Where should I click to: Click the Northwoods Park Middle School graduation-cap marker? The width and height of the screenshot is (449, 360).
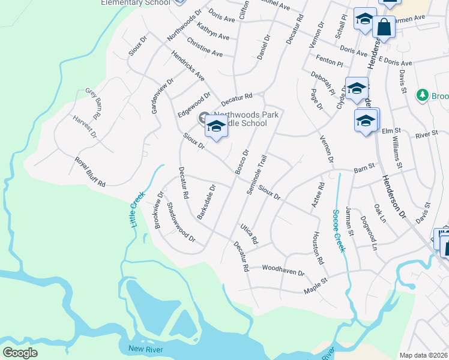217,127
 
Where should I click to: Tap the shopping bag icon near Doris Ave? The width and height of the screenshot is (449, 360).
384,27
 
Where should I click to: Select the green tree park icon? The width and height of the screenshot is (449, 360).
423,95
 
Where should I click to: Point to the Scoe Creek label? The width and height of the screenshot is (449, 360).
339,230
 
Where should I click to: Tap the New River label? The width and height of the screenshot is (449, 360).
145,349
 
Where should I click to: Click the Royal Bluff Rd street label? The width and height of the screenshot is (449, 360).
90,172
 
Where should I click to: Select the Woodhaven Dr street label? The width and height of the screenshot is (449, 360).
283,269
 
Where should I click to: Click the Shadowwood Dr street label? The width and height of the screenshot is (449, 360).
181,222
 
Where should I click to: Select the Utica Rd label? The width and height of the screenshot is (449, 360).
249,233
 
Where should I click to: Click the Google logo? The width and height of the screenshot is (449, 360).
20,352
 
